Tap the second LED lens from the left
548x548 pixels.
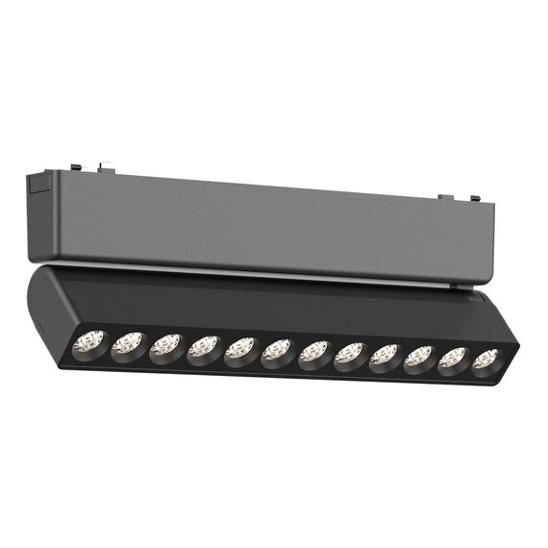tap(129, 344)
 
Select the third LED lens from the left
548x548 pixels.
tap(166, 346)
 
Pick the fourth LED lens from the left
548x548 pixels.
tap(203, 348)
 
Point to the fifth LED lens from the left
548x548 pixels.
tap(240, 349)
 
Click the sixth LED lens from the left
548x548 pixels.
tap(277, 351)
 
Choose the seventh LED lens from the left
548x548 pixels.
tap(313, 353)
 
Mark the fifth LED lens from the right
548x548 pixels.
tap(349, 355)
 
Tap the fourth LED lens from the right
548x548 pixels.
tap(385, 356)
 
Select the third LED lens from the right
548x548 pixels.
tap(420, 358)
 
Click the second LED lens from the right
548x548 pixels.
tap(454, 360)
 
